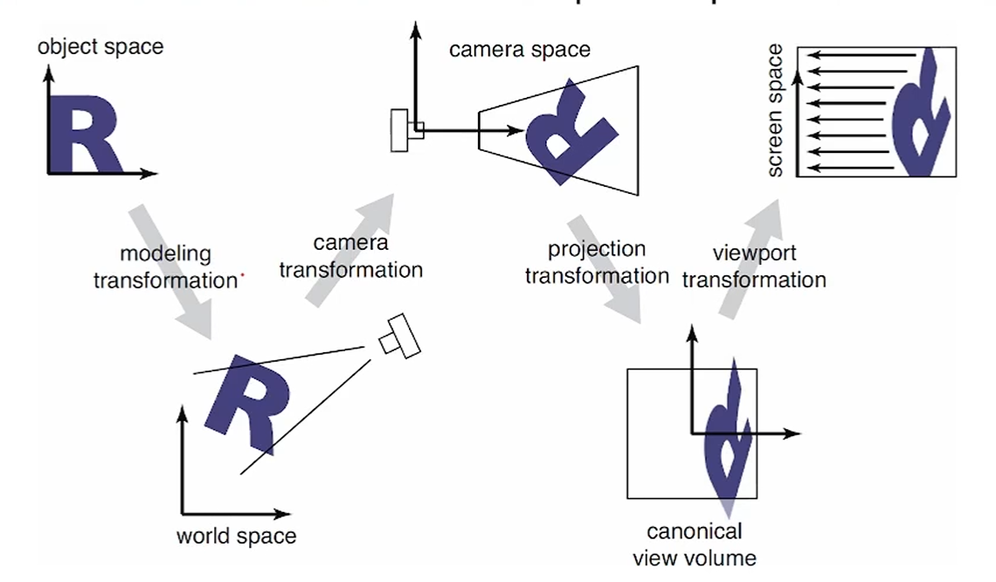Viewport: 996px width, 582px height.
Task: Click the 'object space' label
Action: pyautogui.click(x=100, y=46)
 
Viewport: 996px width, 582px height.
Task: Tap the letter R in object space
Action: pyautogui.click(x=83, y=135)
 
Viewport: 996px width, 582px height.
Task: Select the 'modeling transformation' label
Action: pyautogui.click(x=165, y=267)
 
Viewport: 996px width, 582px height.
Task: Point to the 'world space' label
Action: pyautogui.click(x=236, y=536)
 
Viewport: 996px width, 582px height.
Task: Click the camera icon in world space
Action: pyautogui.click(x=400, y=336)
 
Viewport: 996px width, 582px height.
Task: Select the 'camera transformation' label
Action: pyautogui.click(x=350, y=255)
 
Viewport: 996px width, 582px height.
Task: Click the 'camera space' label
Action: pyautogui.click(x=519, y=49)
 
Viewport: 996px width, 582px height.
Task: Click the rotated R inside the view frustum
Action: pyautogui.click(x=568, y=131)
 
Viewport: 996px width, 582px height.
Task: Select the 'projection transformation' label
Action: pyautogui.click(x=597, y=263)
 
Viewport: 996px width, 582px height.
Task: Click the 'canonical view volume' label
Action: pyautogui.click(x=695, y=544)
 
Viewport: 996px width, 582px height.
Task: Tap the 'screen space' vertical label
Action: pyautogui.click(x=775, y=112)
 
